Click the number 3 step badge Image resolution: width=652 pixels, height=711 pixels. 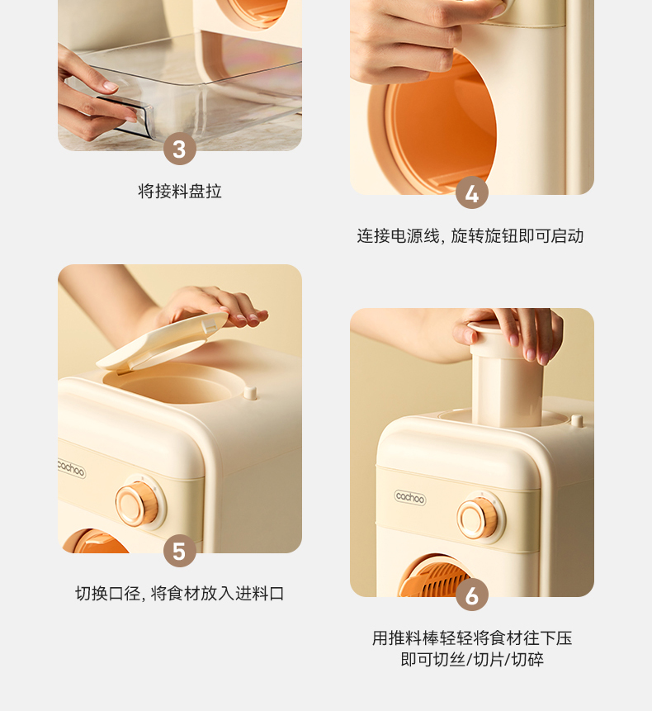(179, 149)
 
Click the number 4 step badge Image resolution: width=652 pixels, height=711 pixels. (472, 192)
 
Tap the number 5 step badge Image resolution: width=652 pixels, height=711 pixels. (179, 551)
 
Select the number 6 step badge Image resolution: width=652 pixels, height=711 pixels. (472, 595)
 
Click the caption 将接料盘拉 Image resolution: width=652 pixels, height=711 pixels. (180, 191)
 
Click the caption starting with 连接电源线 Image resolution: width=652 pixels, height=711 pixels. (470, 236)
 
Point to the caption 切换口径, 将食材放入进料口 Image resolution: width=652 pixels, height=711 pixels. (179, 593)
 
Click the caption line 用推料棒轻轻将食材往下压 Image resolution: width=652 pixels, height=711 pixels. (472, 638)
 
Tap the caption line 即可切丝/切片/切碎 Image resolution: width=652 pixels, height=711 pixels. (472, 659)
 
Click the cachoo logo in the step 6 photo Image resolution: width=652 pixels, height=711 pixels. (410, 497)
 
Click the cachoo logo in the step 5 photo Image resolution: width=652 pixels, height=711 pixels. (72, 468)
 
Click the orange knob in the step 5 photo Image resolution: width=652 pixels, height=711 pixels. (138, 504)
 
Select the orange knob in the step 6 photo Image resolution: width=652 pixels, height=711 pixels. (479, 519)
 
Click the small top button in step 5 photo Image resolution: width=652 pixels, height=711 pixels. (250, 392)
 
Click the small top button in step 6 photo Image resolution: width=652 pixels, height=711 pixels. (577, 419)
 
